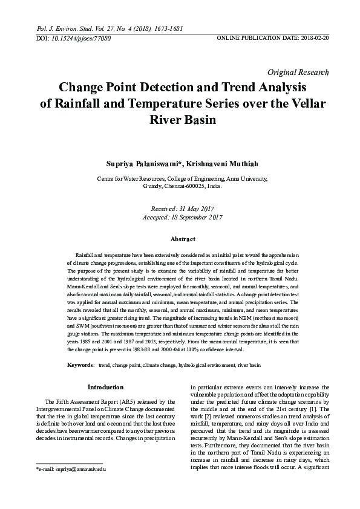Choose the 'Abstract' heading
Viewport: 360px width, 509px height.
[182, 239]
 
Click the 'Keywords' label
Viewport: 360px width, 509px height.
[79, 366]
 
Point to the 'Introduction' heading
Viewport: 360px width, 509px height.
[106, 387]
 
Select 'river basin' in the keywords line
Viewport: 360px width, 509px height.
[249, 366]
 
